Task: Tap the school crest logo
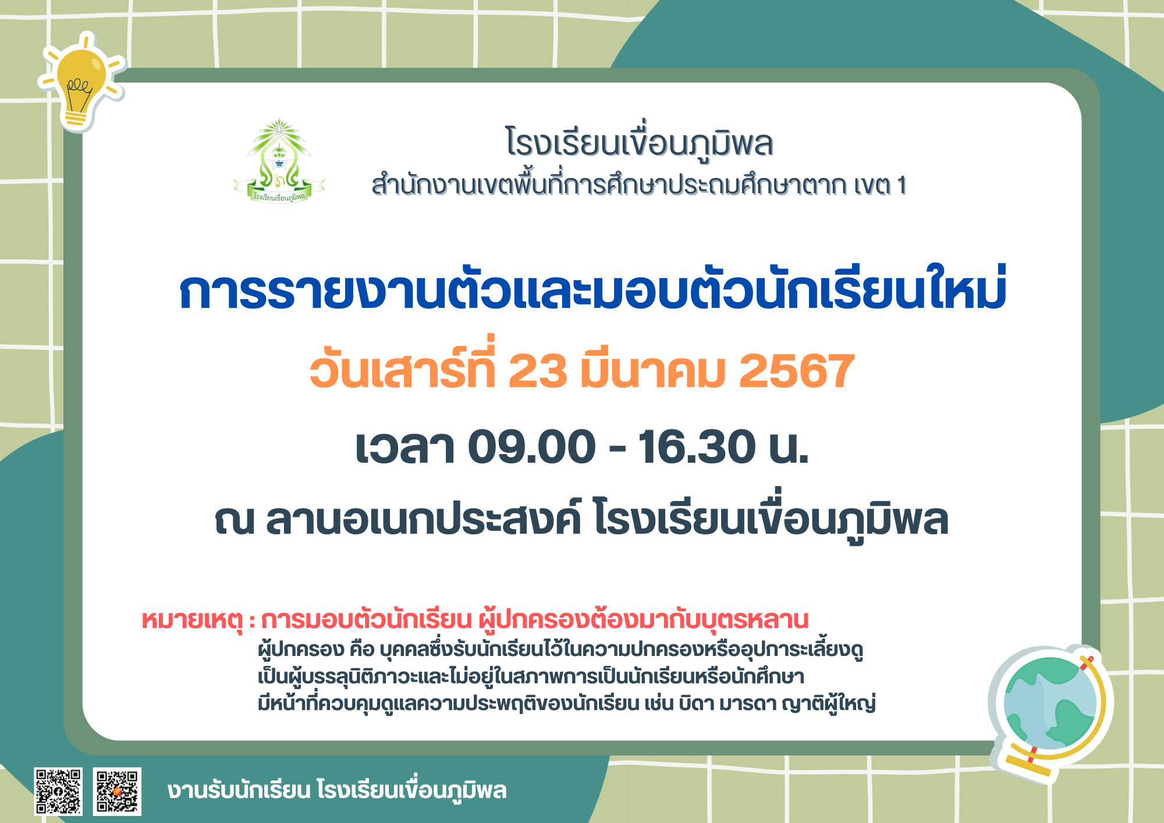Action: pos(279,161)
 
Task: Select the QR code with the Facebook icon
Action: pos(58,792)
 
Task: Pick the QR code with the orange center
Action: pos(117,792)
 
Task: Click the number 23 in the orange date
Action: pos(537,371)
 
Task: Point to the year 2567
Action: pos(796,371)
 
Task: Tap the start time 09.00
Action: pos(532,447)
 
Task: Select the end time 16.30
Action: pos(697,447)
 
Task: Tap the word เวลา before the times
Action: pos(405,447)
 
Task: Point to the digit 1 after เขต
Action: pos(902,186)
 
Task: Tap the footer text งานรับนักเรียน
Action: pos(239,790)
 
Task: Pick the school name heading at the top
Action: pos(639,143)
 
